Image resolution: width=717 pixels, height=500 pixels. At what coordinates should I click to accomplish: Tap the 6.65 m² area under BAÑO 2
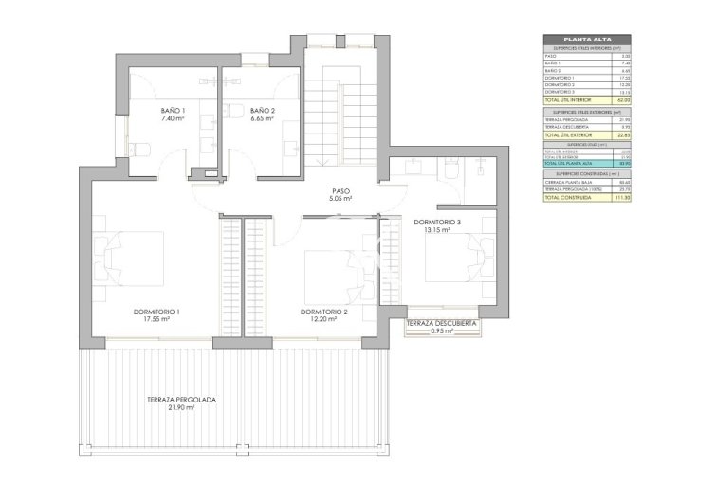point(263,120)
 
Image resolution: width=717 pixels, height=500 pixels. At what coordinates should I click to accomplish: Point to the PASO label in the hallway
point(341,190)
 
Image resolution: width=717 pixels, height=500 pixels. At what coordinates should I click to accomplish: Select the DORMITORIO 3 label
point(437,222)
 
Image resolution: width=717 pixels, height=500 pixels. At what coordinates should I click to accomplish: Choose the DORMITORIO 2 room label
point(324,312)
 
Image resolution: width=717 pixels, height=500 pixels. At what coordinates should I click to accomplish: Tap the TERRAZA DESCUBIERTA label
point(441,324)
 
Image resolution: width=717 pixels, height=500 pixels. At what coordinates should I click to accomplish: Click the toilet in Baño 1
point(136,149)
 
